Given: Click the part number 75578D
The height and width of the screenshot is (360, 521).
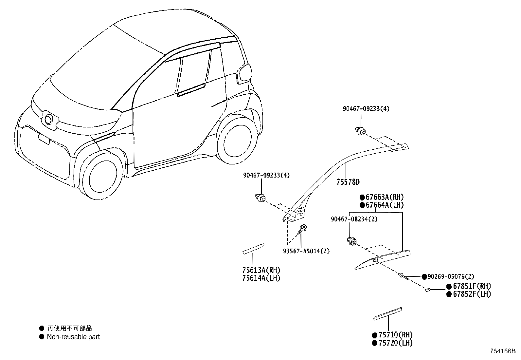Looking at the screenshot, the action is pos(348,182).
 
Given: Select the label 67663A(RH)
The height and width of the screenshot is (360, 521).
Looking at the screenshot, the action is pos(385,197).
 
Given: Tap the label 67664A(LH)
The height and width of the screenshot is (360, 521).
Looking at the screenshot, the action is pos(385,205).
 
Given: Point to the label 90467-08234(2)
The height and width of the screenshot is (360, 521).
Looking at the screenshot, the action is pos(354,219).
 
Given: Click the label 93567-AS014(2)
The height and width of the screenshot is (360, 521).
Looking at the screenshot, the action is pos(306,251).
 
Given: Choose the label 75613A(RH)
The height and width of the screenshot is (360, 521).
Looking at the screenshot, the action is pos(261,270).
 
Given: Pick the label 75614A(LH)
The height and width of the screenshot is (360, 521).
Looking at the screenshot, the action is pos(261,278).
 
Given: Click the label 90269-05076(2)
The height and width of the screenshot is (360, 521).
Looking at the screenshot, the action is pos(451,276).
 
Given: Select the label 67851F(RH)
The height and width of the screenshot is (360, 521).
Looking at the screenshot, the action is pos(472,286).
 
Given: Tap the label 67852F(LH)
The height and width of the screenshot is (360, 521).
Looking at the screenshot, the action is pos(472,294).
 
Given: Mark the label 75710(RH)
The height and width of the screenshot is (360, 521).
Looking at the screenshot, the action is pos(396,335).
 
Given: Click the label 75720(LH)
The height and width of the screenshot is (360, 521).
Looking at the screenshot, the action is pos(396,343).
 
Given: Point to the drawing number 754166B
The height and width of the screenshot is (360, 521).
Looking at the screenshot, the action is pos(503,351).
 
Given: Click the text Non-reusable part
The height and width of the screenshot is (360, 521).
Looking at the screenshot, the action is pos(73,337).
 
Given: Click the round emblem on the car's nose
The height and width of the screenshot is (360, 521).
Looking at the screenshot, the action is pos(48,120).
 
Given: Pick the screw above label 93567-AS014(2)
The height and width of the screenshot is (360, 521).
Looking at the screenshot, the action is pos(301,229).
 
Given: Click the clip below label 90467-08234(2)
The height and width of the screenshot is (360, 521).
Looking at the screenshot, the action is pos(352,241).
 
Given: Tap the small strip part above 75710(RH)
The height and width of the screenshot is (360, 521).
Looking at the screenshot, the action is pos(388,314).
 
